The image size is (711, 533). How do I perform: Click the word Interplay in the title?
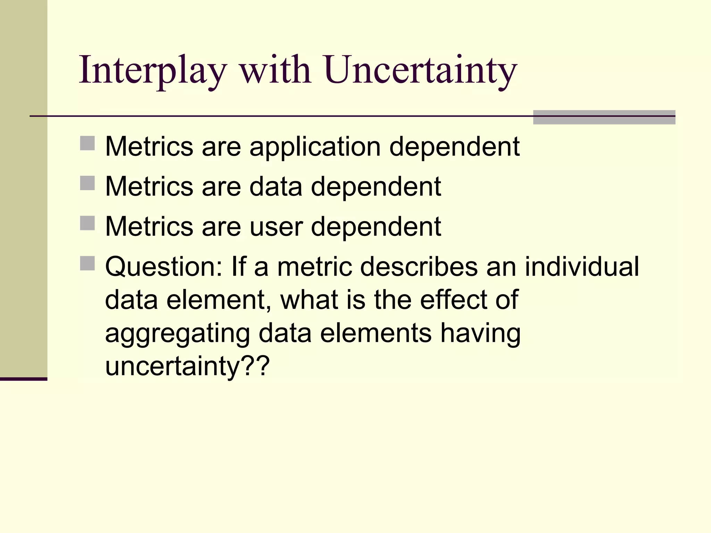[153, 71]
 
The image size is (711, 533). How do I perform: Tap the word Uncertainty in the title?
[421, 71]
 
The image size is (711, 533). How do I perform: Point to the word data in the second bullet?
[276, 187]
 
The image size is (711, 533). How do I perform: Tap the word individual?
[582, 266]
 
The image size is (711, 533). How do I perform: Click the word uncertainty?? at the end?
[187, 366]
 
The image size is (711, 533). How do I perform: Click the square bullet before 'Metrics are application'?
[87, 143]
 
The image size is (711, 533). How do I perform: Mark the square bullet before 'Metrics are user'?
[87, 223]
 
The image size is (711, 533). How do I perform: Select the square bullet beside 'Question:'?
[87, 263]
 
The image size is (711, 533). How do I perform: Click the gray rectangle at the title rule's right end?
[604, 117]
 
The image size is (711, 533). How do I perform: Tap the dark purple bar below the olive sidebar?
[23, 379]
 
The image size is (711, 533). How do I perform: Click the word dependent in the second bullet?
[376, 187]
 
